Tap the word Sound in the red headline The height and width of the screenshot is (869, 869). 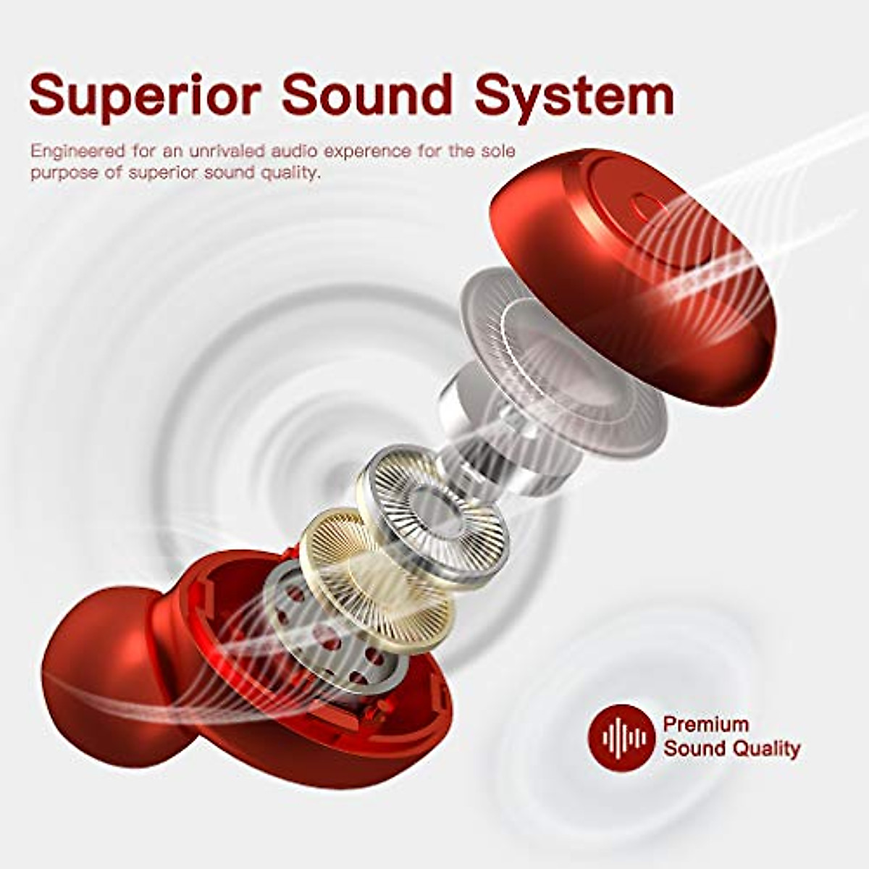coord(367,94)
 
